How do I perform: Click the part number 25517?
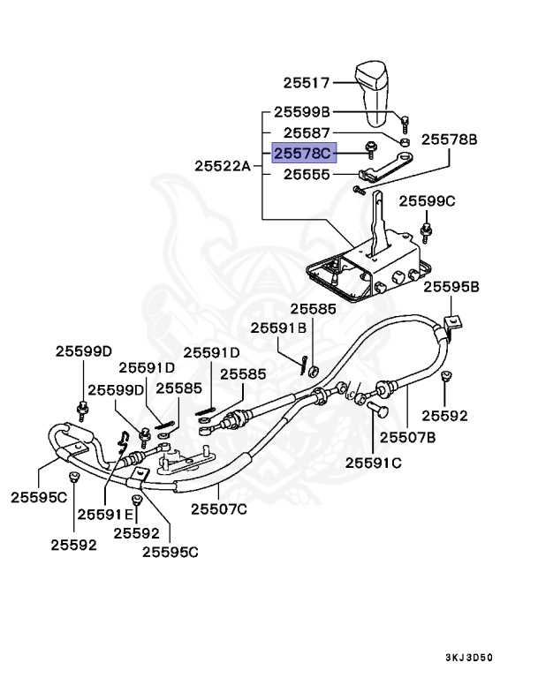click(306, 83)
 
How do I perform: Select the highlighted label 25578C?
click(302, 154)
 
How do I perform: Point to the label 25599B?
click(301, 112)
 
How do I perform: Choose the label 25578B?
click(448, 139)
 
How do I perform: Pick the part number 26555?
click(306, 175)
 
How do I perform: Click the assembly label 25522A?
click(224, 165)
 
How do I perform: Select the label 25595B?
click(451, 287)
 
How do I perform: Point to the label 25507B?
click(408, 436)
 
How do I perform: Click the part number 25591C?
click(373, 463)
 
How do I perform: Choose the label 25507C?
click(219, 508)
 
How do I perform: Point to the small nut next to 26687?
click(404, 141)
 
